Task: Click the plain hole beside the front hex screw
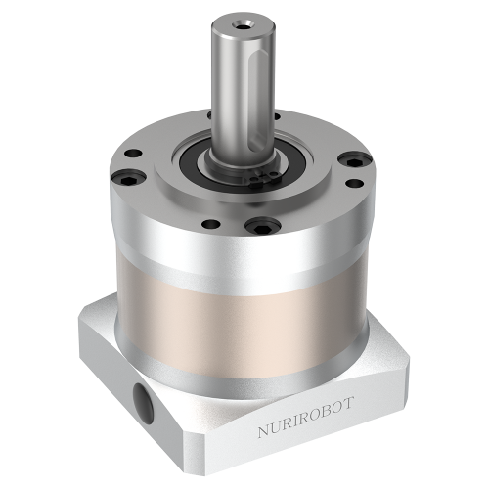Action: [207, 224]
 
